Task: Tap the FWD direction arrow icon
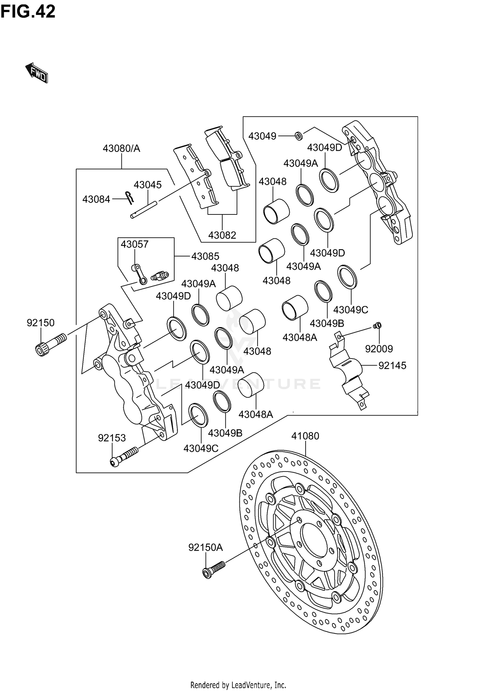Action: click(37, 73)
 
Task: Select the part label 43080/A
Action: click(121, 149)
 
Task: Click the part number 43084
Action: click(96, 199)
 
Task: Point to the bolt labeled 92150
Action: click(51, 344)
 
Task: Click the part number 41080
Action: click(305, 436)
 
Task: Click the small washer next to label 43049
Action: click(299, 136)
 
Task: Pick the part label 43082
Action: click(222, 235)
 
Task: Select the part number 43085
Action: click(205, 256)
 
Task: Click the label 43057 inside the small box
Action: click(135, 244)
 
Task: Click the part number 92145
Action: click(392, 366)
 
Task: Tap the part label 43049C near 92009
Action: click(350, 310)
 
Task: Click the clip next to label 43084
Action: click(130, 197)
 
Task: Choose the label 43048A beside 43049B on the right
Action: click(300, 337)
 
